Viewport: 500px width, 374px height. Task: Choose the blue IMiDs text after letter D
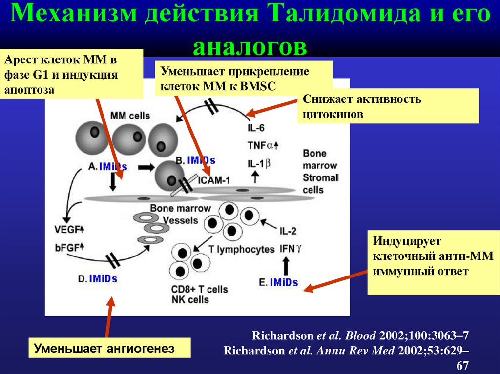tap(103, 278)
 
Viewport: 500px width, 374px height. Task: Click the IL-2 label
tap(288, 231)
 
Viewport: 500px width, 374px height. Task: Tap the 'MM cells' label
tap(130, 116)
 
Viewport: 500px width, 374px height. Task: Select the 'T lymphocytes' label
tap(241, 249)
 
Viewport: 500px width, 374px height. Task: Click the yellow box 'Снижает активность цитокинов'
tap(388, 106)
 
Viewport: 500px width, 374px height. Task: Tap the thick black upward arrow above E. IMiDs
tap(286, 266)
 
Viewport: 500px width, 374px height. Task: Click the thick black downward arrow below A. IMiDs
tap(112, 181)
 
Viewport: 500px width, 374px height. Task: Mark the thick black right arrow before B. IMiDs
tap(145, 167)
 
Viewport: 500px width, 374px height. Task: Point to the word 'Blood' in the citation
tap(360, 335)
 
